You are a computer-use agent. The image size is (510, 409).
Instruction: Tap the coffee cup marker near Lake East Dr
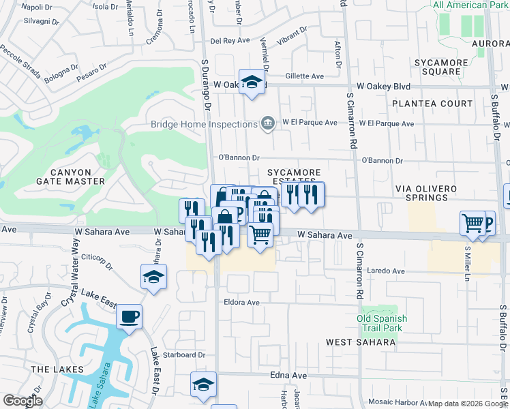[129, 317]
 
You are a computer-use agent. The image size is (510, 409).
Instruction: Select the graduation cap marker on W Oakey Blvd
[252, 82]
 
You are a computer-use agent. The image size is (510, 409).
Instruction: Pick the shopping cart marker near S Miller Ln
[472, 223]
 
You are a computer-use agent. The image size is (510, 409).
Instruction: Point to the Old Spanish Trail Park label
[382, 323]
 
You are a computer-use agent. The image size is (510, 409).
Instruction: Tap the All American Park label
[470, 5]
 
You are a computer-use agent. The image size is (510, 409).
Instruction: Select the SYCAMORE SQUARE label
[442, 67]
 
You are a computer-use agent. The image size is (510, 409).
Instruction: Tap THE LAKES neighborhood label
[57, 369]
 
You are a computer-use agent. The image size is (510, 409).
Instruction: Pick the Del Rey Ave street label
[230, 40]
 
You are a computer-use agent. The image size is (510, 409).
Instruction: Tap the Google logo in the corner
[22, 401]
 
